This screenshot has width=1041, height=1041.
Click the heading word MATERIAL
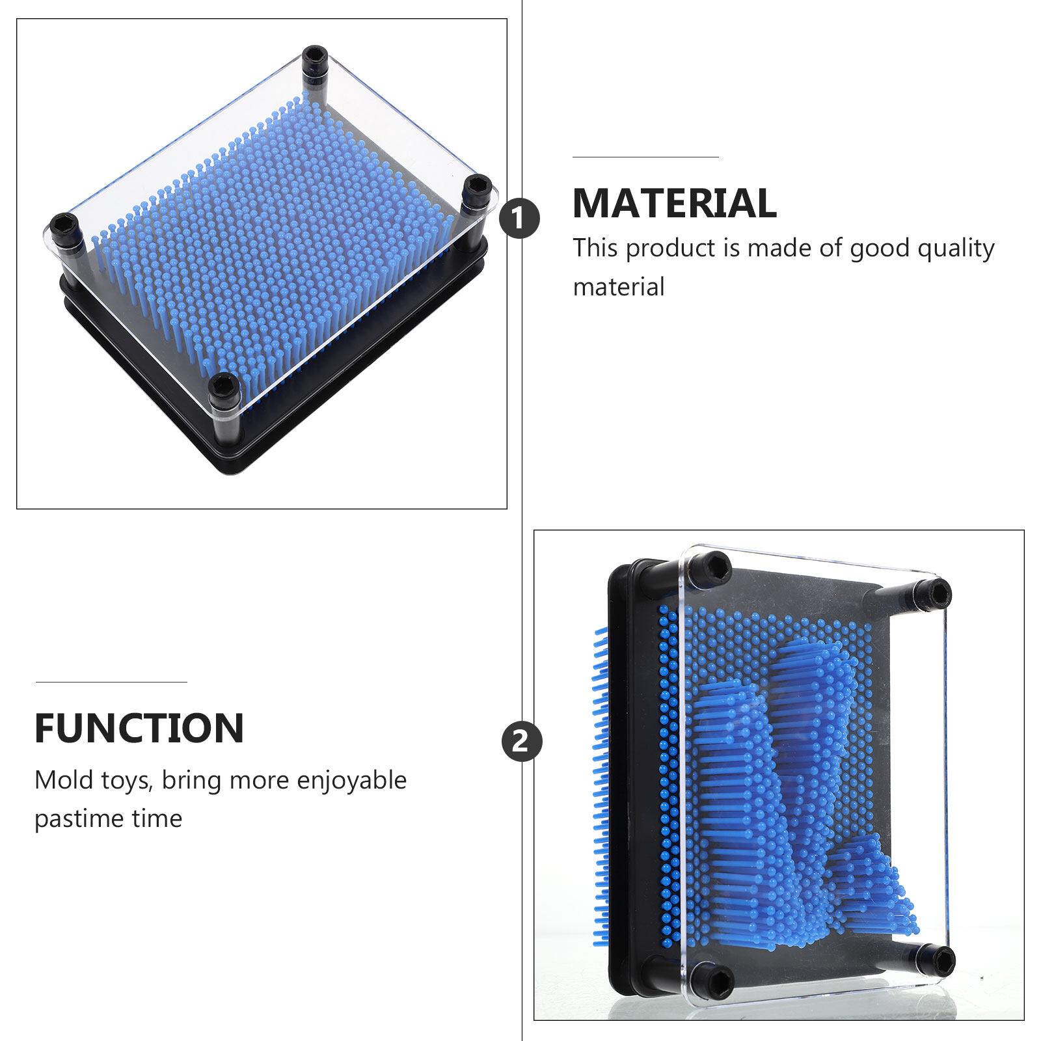(675, 203)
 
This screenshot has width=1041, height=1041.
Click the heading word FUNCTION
(139, 728)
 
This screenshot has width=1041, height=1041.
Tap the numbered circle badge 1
(519, 218)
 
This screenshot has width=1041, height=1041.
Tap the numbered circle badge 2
(522, 741)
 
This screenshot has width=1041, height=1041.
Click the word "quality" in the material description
(956, 249)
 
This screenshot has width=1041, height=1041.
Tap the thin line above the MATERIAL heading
(645, 157)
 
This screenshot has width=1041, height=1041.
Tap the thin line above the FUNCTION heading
(111, 682)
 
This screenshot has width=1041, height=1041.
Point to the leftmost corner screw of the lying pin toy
(64, 227)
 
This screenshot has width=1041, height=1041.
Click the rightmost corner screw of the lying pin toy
(477, 189)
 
